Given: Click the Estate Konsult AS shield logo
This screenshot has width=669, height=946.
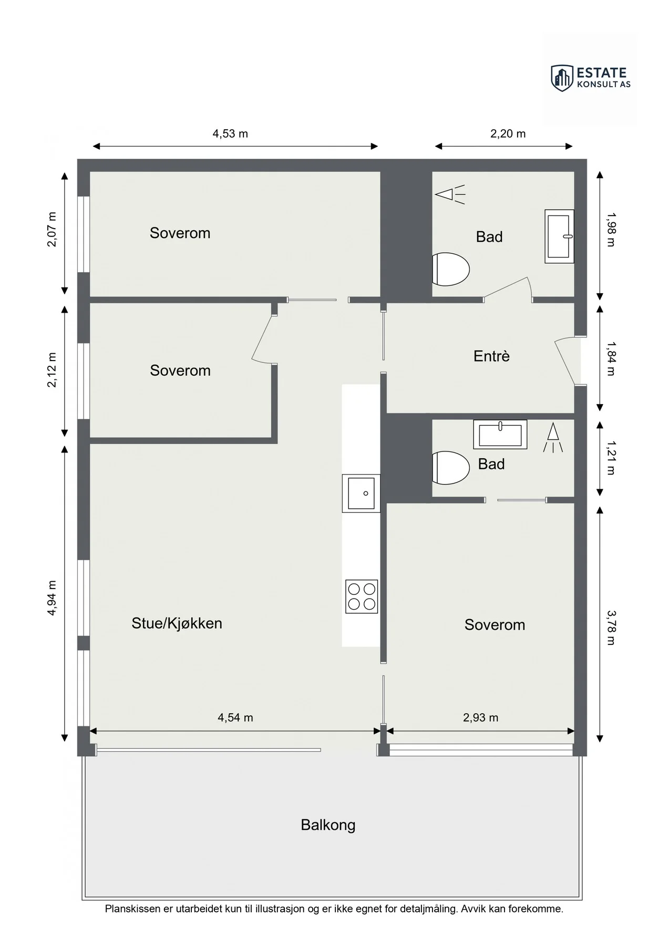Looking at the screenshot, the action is (562, 78).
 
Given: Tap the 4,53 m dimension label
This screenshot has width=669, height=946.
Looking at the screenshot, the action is (230, 133).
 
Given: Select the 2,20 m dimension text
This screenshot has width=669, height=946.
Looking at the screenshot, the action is (508, 133).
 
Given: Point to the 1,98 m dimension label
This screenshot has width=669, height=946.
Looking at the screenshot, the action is (611, 230).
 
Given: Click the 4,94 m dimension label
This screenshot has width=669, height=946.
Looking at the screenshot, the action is (52, 598).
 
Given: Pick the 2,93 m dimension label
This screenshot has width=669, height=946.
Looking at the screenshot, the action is (481, 717).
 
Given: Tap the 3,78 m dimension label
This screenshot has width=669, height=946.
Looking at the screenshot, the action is (611, 628).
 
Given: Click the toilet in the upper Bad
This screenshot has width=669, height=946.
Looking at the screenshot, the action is (450, 269).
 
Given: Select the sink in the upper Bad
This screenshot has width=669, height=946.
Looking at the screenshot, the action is (559, 236).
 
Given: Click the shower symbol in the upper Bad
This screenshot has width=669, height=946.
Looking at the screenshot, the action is (450, 194).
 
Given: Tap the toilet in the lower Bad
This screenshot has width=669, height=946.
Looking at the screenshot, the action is (450, 468).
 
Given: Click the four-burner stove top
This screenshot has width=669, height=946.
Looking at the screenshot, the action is (362, 597).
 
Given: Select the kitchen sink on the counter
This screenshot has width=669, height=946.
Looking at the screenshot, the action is (361, 493).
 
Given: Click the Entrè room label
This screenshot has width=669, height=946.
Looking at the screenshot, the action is (491, 356).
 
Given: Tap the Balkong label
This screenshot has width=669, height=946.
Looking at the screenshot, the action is (328, 825).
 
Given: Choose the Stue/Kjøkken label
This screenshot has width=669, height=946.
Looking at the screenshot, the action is (177, 623).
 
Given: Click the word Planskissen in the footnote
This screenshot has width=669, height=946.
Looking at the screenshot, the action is (133, 909).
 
